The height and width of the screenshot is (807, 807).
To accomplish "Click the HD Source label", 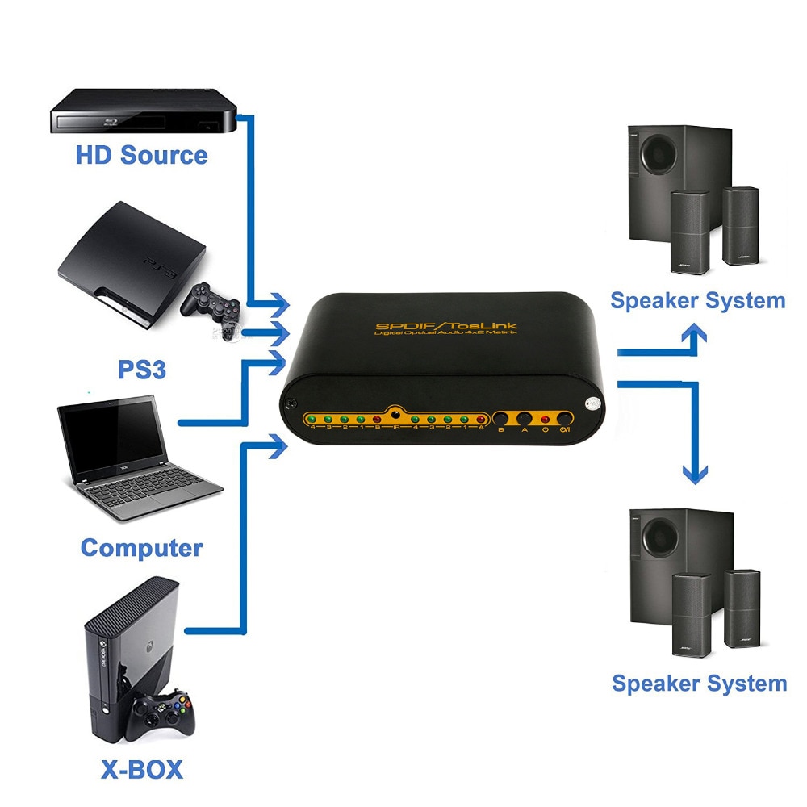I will coord(141,154).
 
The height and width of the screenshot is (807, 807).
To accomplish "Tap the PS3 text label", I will coord(142,370).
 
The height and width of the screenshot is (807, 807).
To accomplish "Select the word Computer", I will coord(141,548).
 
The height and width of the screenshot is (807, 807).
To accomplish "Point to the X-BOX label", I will coord(142,768).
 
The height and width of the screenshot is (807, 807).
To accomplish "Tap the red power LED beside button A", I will coord(546,419).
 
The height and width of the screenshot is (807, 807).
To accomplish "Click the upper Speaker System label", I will coord(697,301).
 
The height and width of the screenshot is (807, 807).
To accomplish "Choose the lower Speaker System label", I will coord(699,684).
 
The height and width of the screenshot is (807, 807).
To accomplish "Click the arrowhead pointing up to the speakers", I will coord(695,332).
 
